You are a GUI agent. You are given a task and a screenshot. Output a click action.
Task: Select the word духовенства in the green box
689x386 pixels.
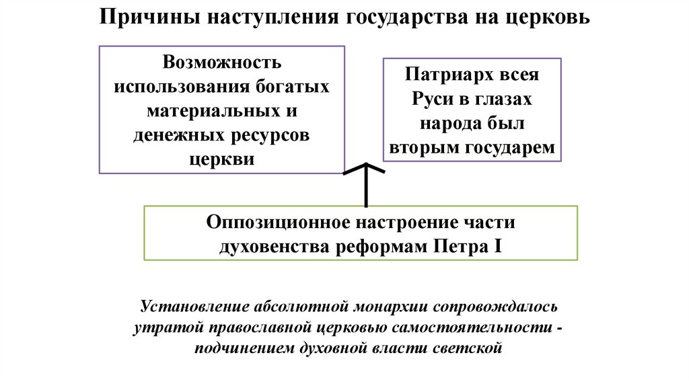tap(270, 246)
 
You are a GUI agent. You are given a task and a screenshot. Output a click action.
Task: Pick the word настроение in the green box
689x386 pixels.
tap(408, 222)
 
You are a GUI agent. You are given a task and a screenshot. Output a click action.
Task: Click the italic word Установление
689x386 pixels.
tap(194, 307)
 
